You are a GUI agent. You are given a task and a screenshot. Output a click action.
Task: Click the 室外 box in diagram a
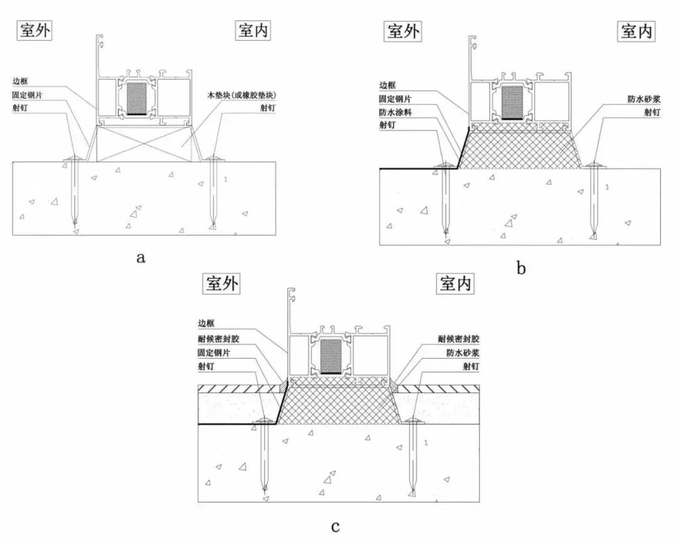point(34,31)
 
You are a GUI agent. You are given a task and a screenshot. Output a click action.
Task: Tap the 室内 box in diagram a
point(254,31)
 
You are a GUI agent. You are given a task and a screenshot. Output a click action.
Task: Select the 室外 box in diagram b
point(402,31)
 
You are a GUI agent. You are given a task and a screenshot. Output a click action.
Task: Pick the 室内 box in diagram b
point(637,31)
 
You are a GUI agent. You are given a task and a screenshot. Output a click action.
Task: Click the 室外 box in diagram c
point(221,284)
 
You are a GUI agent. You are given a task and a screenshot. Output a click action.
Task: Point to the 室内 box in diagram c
point(455,284)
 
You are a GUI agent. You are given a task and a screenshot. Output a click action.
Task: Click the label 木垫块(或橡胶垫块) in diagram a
point(243,95)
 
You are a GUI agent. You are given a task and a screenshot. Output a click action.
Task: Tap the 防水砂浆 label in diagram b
point(644,99)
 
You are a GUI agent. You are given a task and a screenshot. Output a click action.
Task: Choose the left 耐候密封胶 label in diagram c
point(217,339)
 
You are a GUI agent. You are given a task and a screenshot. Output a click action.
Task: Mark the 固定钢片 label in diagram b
point(396,98)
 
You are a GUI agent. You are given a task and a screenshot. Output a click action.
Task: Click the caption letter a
point(140,257)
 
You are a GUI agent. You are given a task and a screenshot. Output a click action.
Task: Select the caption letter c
point(335,526)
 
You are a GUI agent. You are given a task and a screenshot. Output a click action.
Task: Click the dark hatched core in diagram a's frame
point(136,98)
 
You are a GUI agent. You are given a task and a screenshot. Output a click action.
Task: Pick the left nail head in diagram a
point(74,161)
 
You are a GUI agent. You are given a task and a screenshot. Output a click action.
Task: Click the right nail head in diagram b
point(593,166)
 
